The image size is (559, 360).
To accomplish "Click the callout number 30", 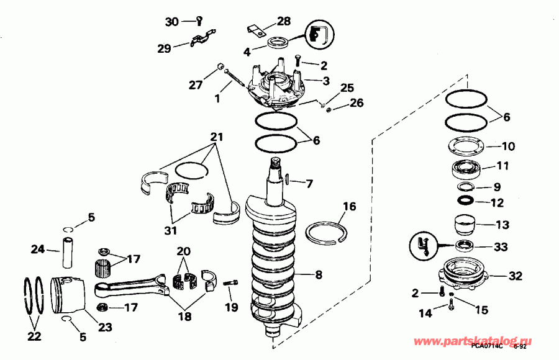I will tap(171, 22).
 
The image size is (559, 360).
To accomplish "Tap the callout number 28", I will tap(283, 21).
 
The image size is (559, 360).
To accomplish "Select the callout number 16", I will tap(349, 205).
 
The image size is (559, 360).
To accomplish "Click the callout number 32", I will tap(516, 276).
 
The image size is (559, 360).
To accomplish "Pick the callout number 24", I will tap(39, 250).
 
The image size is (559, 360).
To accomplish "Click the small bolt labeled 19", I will tap(230, 284).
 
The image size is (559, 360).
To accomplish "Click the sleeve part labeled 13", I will tap(465, 223).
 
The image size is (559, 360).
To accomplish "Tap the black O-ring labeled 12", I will tap(465, 202).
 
